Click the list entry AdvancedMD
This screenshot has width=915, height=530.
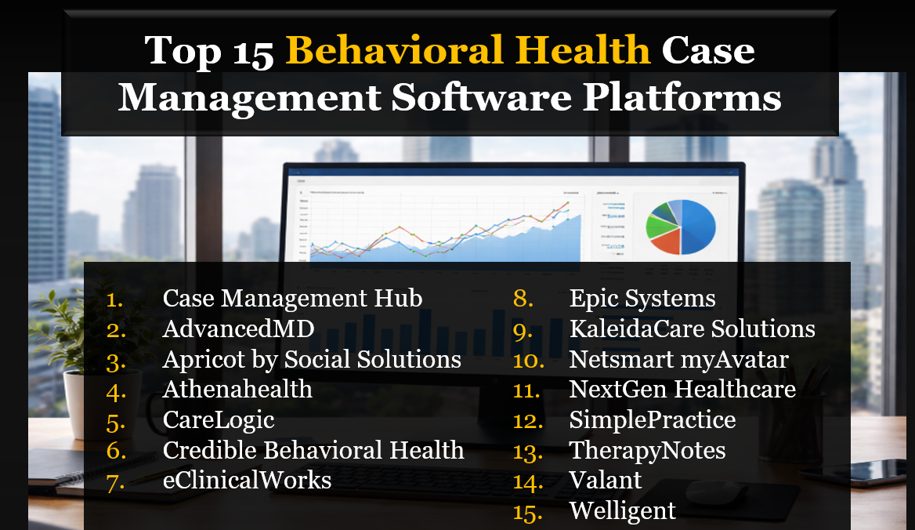pos(238,329)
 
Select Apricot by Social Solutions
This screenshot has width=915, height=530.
pos(312,360)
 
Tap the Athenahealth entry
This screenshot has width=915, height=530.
pos(237,390)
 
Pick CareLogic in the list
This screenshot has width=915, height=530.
pos(219,420)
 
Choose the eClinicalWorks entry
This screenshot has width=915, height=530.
pos(247,480)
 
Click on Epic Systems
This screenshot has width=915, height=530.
pos(642,299)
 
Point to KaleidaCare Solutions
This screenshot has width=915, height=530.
pos(693,329)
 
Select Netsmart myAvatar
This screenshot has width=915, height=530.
pos(678,360)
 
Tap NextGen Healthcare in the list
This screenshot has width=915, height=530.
pos(682,390)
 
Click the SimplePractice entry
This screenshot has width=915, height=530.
pos(653,420)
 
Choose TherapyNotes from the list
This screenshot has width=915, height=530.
pos(647,451)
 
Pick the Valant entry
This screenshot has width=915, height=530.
pos(606,480)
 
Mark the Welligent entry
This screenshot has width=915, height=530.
pos(622,511)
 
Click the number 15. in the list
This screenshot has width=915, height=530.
pos(528,511)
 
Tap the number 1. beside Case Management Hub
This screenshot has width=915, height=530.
pos(116,299)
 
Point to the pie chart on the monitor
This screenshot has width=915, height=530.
pos(680,227)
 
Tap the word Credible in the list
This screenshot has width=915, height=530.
pos(209,451)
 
